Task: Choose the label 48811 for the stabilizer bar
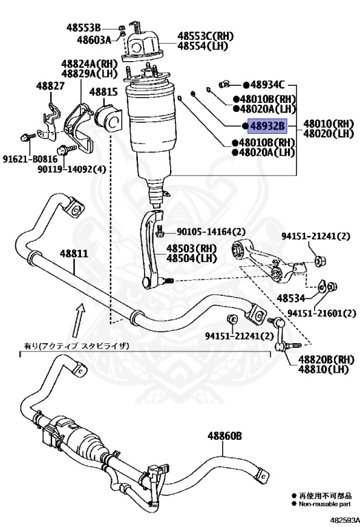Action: click(73, 253)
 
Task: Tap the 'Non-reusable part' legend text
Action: click(321, 503)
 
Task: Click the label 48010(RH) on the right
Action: click(328, 124)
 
